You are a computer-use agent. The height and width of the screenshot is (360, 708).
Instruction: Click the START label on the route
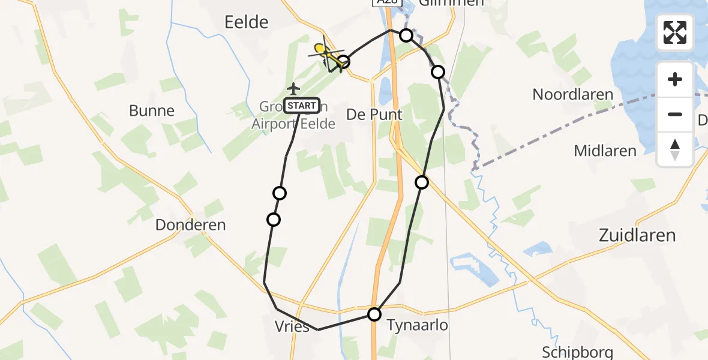302,106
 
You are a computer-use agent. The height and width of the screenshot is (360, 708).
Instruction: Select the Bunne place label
152,111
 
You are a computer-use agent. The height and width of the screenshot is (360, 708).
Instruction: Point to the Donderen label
190,225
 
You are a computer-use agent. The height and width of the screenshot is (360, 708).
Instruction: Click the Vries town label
293,327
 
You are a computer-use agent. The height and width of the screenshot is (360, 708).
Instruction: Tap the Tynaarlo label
418,325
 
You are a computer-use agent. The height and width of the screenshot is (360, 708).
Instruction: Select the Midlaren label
605,151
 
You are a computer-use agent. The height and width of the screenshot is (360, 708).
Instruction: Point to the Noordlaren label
573,95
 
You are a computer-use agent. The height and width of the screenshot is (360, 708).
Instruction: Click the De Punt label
374,114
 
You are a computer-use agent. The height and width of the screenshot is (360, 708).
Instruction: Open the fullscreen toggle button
675,32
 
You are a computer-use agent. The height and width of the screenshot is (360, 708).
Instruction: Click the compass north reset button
675,149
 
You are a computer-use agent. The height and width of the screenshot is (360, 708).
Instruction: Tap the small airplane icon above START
293,89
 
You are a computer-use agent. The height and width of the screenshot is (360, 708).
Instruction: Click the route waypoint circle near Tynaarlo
374,314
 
